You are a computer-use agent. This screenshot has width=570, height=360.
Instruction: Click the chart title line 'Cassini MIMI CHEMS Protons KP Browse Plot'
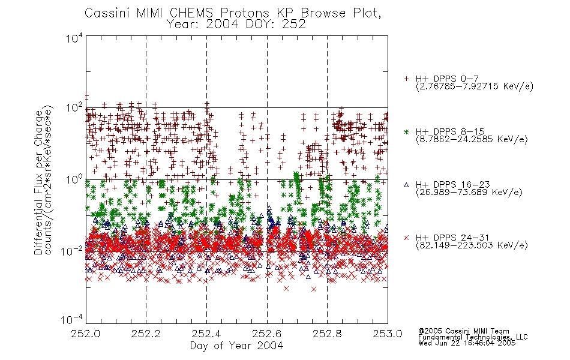pos(233,13)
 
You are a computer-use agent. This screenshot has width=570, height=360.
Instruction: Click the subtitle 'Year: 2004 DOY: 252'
pos(236,25)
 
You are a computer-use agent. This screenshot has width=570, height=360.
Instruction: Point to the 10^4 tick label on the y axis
pos(74,38)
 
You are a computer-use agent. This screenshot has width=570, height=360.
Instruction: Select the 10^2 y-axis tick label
pos(74,108)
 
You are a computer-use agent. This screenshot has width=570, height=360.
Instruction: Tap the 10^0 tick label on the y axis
pos(74,179)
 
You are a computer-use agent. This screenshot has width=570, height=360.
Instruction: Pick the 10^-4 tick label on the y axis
pos(72,320)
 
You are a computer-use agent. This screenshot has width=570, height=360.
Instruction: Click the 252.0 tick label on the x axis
pos(86,334)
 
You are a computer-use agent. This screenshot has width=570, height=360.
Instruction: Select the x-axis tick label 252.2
pos(146,334)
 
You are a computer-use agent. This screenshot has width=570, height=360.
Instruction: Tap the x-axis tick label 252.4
pos(206,334)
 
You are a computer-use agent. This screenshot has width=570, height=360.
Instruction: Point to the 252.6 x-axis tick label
pos(267,334)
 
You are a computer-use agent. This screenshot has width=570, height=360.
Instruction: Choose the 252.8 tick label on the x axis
pos(327,334)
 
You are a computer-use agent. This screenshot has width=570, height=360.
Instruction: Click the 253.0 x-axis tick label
pos(388,334)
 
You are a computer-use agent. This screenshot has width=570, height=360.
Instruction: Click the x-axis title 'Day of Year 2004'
pos(236,346)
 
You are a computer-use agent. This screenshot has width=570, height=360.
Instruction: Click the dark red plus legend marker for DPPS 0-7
pos(406,79)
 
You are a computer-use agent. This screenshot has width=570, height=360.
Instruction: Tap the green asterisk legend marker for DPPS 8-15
pos(406,132)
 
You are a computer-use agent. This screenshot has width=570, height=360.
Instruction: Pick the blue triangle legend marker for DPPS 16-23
pos(406,185)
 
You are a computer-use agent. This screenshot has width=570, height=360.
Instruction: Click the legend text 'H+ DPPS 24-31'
pos(452,238)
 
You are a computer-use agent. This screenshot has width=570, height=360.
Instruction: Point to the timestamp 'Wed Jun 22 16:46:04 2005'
pos(467,343)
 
